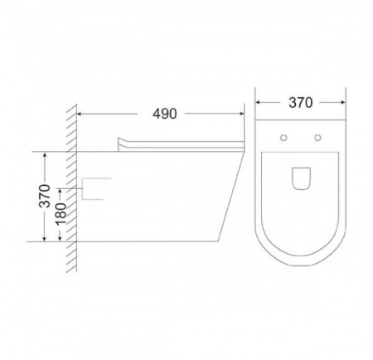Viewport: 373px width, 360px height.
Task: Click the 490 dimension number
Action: coord(165,114)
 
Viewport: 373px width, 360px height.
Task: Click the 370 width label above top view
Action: coord(301,103)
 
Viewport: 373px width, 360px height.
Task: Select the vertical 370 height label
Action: coord(45,196)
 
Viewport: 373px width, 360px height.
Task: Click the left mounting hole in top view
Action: coord(283,138)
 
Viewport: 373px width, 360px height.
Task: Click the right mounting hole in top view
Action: coord(317,138)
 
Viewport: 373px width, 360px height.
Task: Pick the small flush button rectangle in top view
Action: coord(301,178)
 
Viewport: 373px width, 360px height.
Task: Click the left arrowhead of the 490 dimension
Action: coord(80,114)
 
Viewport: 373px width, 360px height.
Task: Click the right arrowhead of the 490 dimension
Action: coord(242,114)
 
